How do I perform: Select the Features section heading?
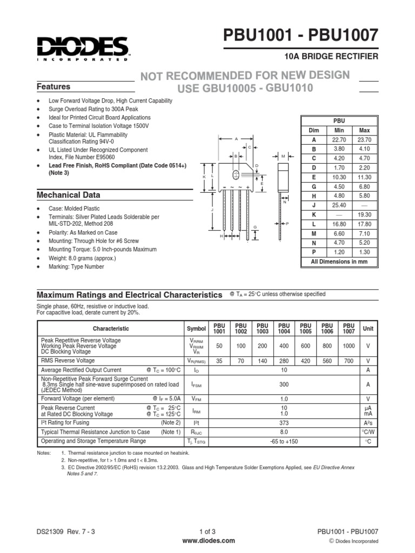[53, 86]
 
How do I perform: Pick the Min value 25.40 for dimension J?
[339, 206]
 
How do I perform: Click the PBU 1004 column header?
[284, 328]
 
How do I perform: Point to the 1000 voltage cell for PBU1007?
[349, 346]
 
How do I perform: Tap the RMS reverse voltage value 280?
[284, 361]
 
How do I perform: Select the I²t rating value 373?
[284, 422]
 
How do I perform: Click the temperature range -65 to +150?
[284, 441]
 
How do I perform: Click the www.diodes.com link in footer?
[207, 541]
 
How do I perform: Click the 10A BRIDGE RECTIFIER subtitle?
[339, 56]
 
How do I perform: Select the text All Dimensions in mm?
[339, 261]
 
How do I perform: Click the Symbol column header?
[196, 328]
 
